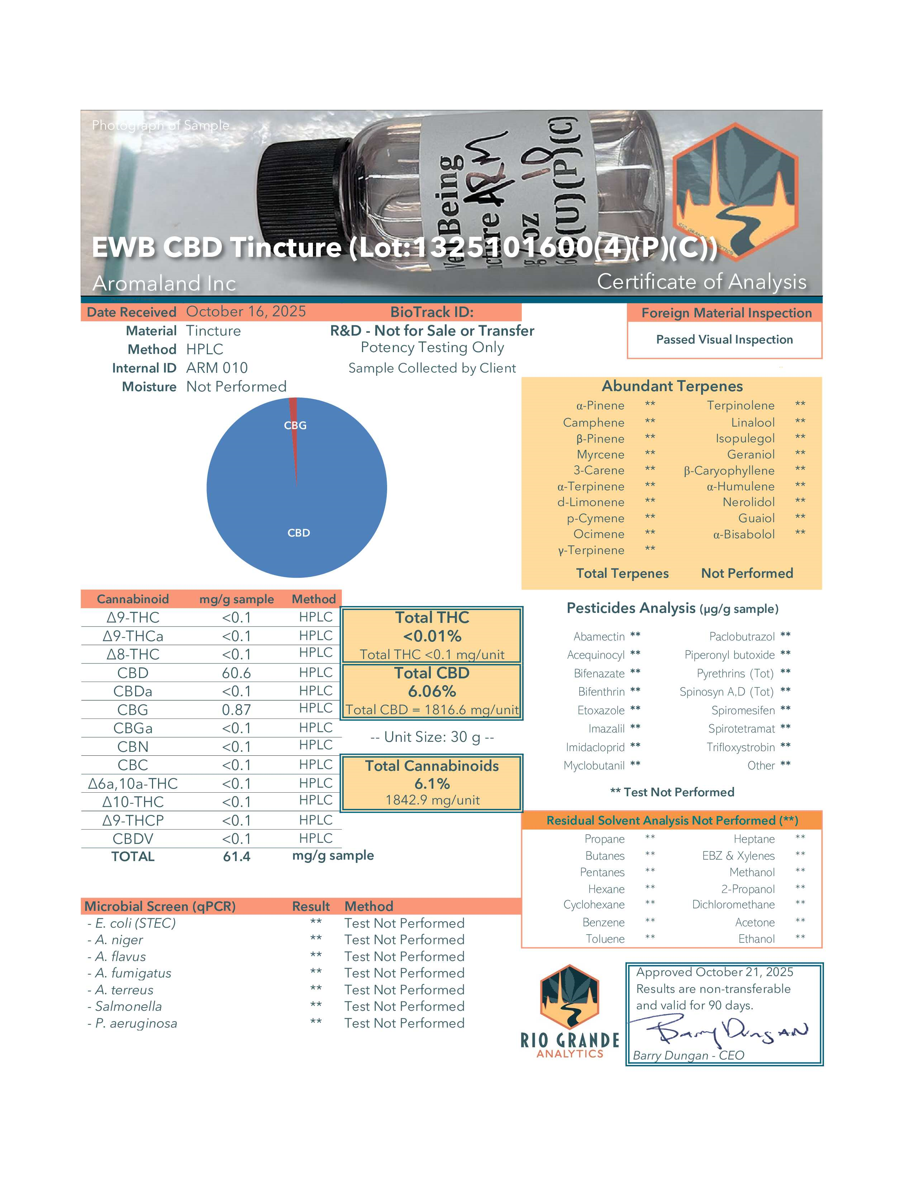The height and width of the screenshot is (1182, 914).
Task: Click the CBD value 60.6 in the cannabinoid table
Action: point(236,673)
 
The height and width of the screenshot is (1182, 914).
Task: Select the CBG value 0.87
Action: point(236,710)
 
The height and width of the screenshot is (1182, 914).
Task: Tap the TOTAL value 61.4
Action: point(236,856)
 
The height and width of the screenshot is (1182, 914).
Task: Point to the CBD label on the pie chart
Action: point(298,533)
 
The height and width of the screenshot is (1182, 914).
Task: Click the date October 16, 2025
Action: point(246,312)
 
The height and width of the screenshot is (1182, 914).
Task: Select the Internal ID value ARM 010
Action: point(216,368)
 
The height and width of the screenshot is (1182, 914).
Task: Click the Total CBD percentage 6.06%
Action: point(432,691)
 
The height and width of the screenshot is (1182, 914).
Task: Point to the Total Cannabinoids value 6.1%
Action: point(432,783)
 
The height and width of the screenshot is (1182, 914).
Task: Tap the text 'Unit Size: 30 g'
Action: point(432,737)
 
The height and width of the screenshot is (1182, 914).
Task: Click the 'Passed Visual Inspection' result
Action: point(724,339)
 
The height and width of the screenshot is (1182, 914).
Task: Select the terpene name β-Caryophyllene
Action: point(729,470)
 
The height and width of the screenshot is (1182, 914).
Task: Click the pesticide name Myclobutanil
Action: point(594,765)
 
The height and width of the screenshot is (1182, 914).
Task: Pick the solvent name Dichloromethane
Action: point(733,904)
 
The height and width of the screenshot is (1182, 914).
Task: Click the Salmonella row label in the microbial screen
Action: point(128,1006)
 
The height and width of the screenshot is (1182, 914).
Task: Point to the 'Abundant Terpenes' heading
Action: point(672,386)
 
